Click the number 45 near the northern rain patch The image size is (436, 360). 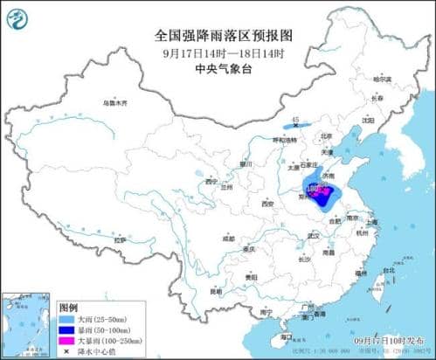(295, 119)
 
